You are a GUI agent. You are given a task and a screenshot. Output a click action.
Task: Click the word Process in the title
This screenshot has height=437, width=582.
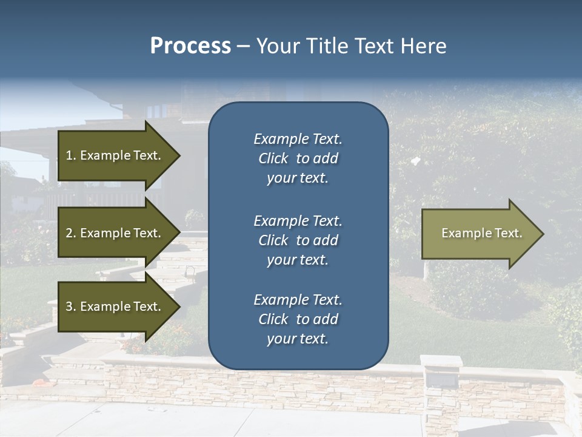tap(190, 46)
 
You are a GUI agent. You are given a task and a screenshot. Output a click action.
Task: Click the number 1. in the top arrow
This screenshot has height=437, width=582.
tap(71, 155)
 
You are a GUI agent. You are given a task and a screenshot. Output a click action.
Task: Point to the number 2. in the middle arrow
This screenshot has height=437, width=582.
tap(71, 233)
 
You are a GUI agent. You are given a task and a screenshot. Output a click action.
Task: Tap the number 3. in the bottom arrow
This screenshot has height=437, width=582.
tap(71, 307)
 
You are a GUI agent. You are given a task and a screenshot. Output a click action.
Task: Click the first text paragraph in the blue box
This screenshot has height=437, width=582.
tap(298, 158)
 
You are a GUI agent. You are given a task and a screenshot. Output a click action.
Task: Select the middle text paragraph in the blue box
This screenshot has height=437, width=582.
tap(298, 240)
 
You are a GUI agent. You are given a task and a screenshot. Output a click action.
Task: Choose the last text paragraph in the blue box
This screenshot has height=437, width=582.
tap(298, 319)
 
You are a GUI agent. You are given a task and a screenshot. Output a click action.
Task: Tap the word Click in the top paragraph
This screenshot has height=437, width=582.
tap(273, 158)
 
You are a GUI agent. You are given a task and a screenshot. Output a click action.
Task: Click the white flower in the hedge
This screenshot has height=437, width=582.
tap(416, 161)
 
